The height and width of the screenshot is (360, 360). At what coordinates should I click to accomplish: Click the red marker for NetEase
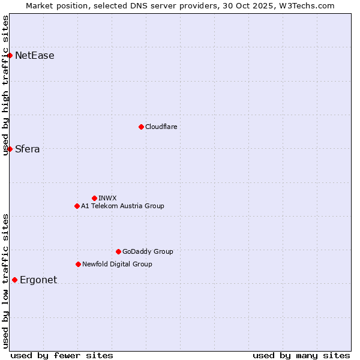(x=10, y=56)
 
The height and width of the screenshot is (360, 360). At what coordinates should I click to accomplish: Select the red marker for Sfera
(x=10, y=149)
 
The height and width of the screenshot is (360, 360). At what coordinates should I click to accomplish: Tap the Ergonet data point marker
(x=14, y=280)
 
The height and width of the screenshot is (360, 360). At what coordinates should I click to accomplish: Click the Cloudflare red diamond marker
(x=141, y=127)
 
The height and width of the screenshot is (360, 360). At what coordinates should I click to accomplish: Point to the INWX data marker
(x=94, y=198)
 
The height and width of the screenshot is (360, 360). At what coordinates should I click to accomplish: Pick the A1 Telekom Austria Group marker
(x=77, y=206)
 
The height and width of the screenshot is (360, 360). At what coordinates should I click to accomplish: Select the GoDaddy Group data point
(x=118, y=251)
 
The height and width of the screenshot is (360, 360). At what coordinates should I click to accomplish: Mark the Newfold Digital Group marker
(x=78, y=264)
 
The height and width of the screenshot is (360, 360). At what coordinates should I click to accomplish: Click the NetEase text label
(x=35, y=56)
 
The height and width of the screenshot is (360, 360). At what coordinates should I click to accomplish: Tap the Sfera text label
(x=28, y=149)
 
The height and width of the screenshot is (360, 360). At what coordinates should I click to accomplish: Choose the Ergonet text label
(x=38, y=280)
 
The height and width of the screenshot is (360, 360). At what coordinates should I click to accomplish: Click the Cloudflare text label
(x=161, y=127)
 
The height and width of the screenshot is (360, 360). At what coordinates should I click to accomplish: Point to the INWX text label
(x=108, y=198)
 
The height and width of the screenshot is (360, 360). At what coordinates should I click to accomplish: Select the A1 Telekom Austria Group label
(x=122, y=206)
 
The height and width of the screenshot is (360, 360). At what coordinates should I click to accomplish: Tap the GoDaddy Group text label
(x=148, y=251)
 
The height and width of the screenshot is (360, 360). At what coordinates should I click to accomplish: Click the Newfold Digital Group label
(x=117, y=264)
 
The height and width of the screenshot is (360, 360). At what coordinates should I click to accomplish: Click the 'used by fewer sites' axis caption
(x=62, y=355)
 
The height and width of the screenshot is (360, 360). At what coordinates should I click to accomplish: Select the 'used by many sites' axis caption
(x=301, y=355)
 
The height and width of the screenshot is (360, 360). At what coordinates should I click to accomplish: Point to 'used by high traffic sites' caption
(x=6, y=85)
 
